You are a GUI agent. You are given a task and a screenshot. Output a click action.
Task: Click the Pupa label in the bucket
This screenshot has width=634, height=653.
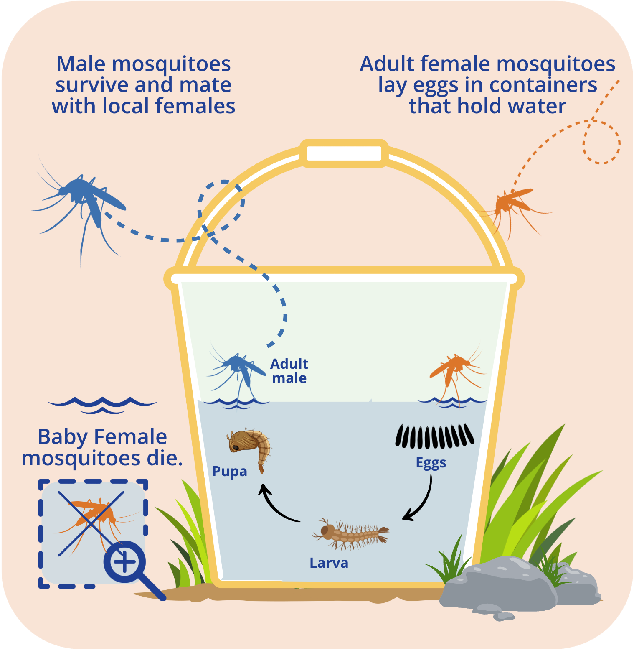[230, 472]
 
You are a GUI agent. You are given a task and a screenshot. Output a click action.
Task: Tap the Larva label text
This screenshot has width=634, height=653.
[329, 563]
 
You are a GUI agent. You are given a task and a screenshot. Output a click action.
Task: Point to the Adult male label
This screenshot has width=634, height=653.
[289, 371]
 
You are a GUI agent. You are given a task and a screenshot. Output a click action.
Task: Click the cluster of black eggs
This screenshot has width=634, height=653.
[434, 436]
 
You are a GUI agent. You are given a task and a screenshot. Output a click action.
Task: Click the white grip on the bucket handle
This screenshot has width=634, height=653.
[344, 153]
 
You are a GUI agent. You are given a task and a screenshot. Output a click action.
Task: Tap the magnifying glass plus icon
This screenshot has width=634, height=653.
[124, 562]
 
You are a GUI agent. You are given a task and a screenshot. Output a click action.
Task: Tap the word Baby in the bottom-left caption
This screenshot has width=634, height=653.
[62, 437]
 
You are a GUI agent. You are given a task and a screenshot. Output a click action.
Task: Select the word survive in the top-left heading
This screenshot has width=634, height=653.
[92, 85]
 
